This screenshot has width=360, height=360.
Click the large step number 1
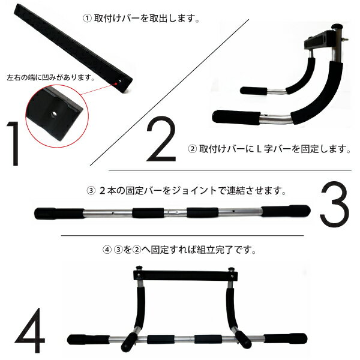tap(14, 143)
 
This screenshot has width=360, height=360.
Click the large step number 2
tap(161, 139)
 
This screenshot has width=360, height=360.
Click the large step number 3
tap(335, 204)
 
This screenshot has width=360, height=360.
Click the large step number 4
tap(30, 330)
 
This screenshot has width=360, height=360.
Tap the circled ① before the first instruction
tap(87, 18)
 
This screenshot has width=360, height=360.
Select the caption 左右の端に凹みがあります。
tap(51, 77)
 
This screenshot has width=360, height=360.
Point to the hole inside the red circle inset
tap(54, 113)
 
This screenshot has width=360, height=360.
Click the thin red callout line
tap(98, 89)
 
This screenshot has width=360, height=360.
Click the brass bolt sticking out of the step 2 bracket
tap(345, 40)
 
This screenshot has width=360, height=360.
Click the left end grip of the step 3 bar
tap(59, 214)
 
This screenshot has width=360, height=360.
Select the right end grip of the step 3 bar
tap(286, 211)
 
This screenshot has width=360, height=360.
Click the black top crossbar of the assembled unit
tap(185, 275)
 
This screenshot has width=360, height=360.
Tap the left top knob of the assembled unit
tap(139, 268)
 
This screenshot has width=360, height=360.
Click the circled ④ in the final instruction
tap(107, 250)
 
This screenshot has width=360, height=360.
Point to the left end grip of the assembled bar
tap(88, 340)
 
